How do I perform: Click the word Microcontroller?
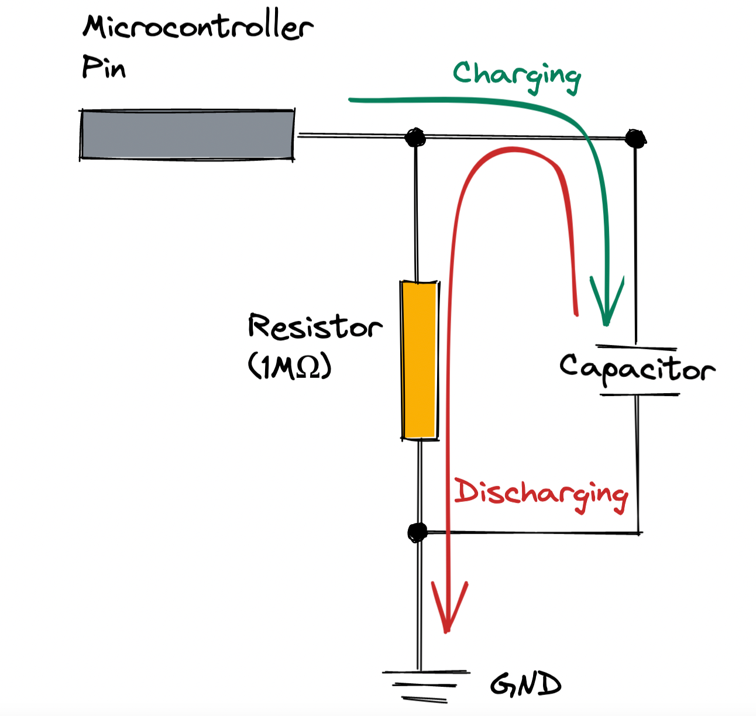(x=197, y=28)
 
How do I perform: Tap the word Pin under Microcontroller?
(x=103, y=68)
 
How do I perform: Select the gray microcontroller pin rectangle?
(x=187, y=135)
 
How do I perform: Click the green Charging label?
(x=516, y=76)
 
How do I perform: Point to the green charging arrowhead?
(x=607, y=304)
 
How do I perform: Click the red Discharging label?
(x=541, y=494)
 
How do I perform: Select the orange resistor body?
(x=420, y=360)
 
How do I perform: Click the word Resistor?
(x=315, y=326)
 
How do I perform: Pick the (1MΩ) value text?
(x=290, y=367)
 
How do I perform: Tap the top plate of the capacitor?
(x=635, y=347)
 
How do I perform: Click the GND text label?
(x=525, y=684)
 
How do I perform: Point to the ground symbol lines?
(x=425, y=684)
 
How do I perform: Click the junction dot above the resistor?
(x=415, y=137)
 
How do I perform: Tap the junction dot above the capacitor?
(x=635, y=139)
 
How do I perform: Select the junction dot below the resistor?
(x=418, y=532)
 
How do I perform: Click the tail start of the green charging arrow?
(x=351, y=100)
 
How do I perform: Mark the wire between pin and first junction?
(x=351, y=136)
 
